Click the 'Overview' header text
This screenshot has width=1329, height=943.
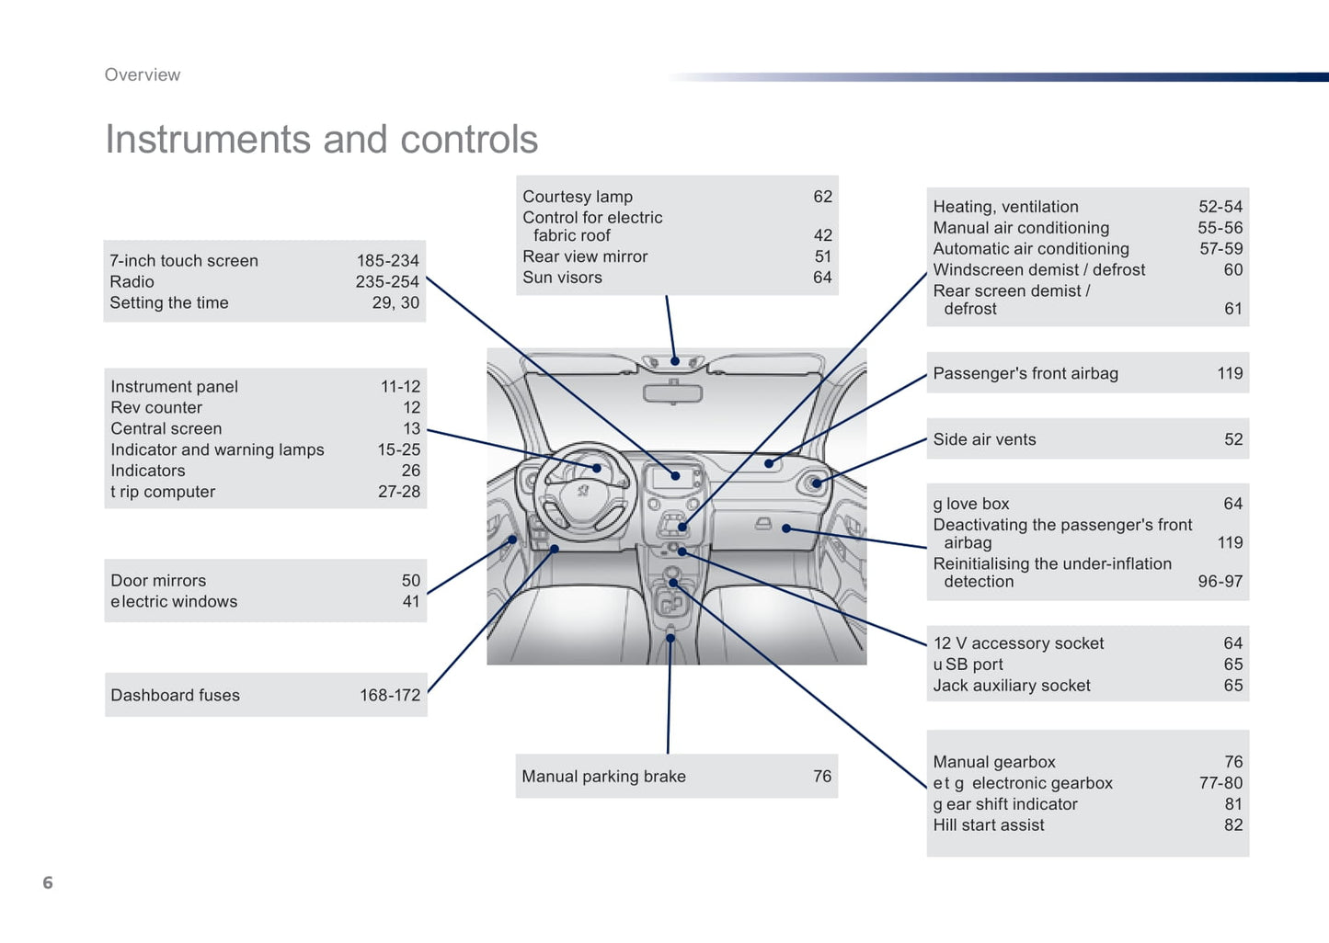[143, 75]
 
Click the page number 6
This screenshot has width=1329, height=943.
[48, 882]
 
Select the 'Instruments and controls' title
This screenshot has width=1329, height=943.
[321, 140]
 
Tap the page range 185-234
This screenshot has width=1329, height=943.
[387, 261]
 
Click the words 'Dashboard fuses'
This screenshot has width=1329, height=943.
[175, 696]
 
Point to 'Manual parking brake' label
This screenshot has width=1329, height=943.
[603, 777]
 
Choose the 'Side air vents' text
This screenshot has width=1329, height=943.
[984, 439]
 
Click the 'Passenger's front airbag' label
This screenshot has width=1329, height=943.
[1025, 373]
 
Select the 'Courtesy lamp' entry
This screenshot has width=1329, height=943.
[578, 197]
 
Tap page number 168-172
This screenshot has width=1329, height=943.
[390, 696]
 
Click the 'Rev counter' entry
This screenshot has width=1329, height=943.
[156, 408]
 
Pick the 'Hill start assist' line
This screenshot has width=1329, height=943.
[989, 825]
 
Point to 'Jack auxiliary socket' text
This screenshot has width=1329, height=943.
[1012, 686]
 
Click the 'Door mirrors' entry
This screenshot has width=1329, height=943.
[158, 581]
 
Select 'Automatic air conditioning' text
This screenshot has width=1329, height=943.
[1031, 249]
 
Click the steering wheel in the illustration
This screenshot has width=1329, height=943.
[585, 487]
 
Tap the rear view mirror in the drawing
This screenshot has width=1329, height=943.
[672, 393]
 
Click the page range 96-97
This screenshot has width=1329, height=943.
[1220, 582]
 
